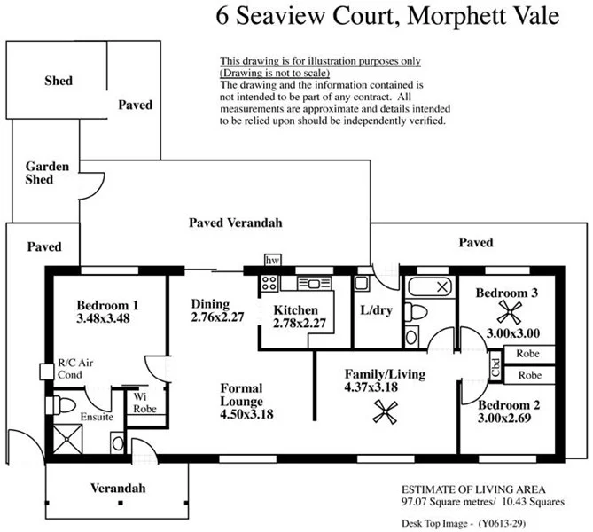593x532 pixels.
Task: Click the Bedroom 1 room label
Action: (106, 303)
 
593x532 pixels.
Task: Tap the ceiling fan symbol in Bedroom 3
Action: (509, 310)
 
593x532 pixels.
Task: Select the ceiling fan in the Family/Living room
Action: (384, 410)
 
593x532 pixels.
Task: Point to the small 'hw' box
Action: (273, 260)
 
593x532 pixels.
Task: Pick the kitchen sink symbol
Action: (314, 283)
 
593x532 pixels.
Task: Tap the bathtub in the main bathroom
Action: (429, 287)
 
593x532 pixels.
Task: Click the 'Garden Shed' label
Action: (39, 173)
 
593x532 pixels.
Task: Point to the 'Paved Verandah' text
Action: (235, 223)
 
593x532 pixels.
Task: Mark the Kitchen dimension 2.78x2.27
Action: (296, 323)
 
